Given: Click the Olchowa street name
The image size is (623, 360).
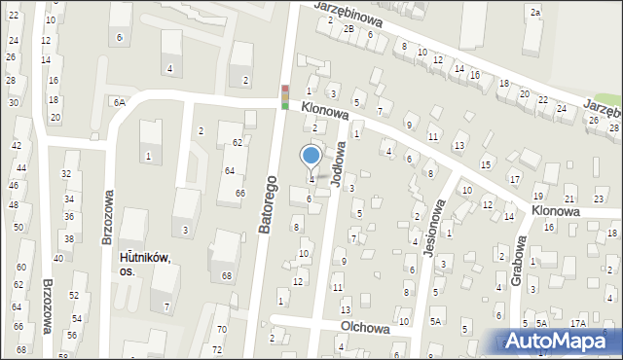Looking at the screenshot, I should [x=365, y=329].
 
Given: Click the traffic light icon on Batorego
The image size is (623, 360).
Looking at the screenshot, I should [x=284, y=96].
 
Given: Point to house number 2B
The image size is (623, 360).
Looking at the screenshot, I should [x=348, y=28].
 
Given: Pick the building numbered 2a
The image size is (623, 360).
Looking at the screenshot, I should [x=535, y=12].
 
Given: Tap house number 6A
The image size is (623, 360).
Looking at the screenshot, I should [x=119, y=102].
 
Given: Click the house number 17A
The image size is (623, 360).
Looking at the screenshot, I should [x=578, y=323].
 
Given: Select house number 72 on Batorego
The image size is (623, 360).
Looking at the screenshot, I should [x=217, y=348].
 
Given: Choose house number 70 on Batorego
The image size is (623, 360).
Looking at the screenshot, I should [x=221, y=330].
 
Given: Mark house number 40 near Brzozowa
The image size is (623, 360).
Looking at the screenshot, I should [x=58, y=258].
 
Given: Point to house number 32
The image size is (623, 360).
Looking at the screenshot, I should [x=65, y=173].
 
